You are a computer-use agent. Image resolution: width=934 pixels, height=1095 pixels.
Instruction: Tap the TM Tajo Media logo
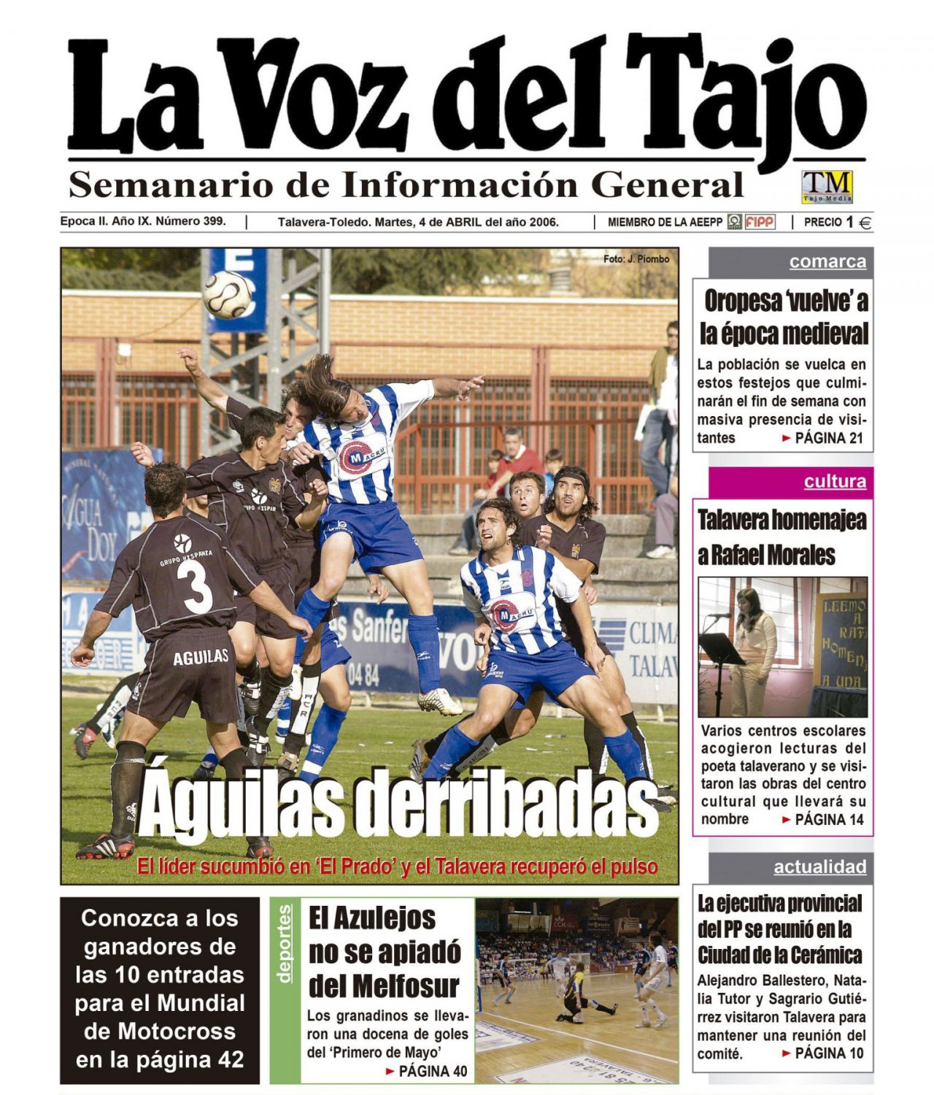(x=827, y=186)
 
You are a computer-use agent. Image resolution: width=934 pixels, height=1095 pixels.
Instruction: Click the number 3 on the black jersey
(x=198, y=583)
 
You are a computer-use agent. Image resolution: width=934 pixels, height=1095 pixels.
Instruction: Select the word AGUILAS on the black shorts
(x=201, y=658)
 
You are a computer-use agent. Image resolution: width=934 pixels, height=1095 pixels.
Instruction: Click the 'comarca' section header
(x=827, y=262)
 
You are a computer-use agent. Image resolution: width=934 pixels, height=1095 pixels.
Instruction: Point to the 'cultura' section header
(x=835, y=482)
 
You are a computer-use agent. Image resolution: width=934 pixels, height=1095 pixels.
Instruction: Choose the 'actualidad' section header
(x=819, y=867)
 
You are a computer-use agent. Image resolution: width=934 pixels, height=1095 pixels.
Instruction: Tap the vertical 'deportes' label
(x=285, y=943)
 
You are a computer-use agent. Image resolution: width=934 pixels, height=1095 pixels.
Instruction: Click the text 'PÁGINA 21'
(x=829, y=438)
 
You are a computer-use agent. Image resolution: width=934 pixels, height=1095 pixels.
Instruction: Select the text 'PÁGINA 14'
(x=829, y=820)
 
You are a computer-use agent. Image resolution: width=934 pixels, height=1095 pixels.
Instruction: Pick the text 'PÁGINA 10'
(x=829, y=1053)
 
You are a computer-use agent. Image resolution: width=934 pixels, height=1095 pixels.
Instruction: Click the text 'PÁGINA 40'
(x=433, y=1072)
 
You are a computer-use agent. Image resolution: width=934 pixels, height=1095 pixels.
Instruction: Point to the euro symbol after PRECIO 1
(x=865, y=223)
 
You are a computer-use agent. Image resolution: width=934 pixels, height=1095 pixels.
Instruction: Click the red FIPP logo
(x=760, y=222)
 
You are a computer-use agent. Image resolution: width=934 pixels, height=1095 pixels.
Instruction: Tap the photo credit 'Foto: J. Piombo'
(x=636, y=259)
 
